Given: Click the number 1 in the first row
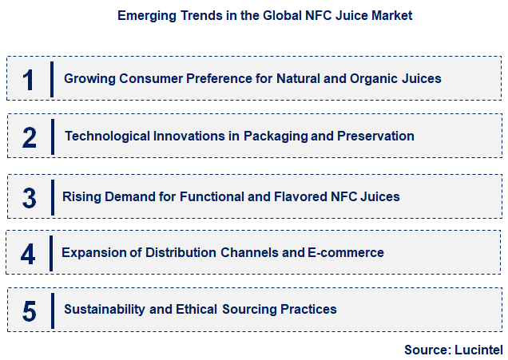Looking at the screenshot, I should coord(30,80).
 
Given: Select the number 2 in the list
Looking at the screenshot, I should coord(30,136).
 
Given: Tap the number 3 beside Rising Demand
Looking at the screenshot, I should coord(30,196).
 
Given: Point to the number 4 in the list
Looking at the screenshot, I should coord(29,254).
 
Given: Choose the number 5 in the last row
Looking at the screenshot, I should coord(30,311).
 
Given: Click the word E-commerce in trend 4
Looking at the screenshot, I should coord(346,253).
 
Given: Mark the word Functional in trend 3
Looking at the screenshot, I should coord(211,196).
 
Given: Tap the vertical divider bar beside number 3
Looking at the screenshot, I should coord(52,196).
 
